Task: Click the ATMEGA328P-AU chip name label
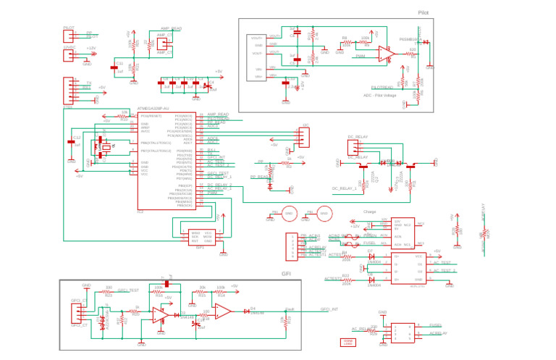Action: (153, 108)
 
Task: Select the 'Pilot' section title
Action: (424, 13)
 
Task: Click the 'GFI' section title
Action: (286, 274)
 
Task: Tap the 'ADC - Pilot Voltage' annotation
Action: (379, 96)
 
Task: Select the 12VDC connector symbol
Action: (69, 53)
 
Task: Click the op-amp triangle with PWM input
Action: (385, 54)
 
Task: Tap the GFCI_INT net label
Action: (329, 309)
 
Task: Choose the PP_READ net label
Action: (259, 177)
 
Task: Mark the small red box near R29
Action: (348, 342)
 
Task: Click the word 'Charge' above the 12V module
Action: (370, 212)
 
